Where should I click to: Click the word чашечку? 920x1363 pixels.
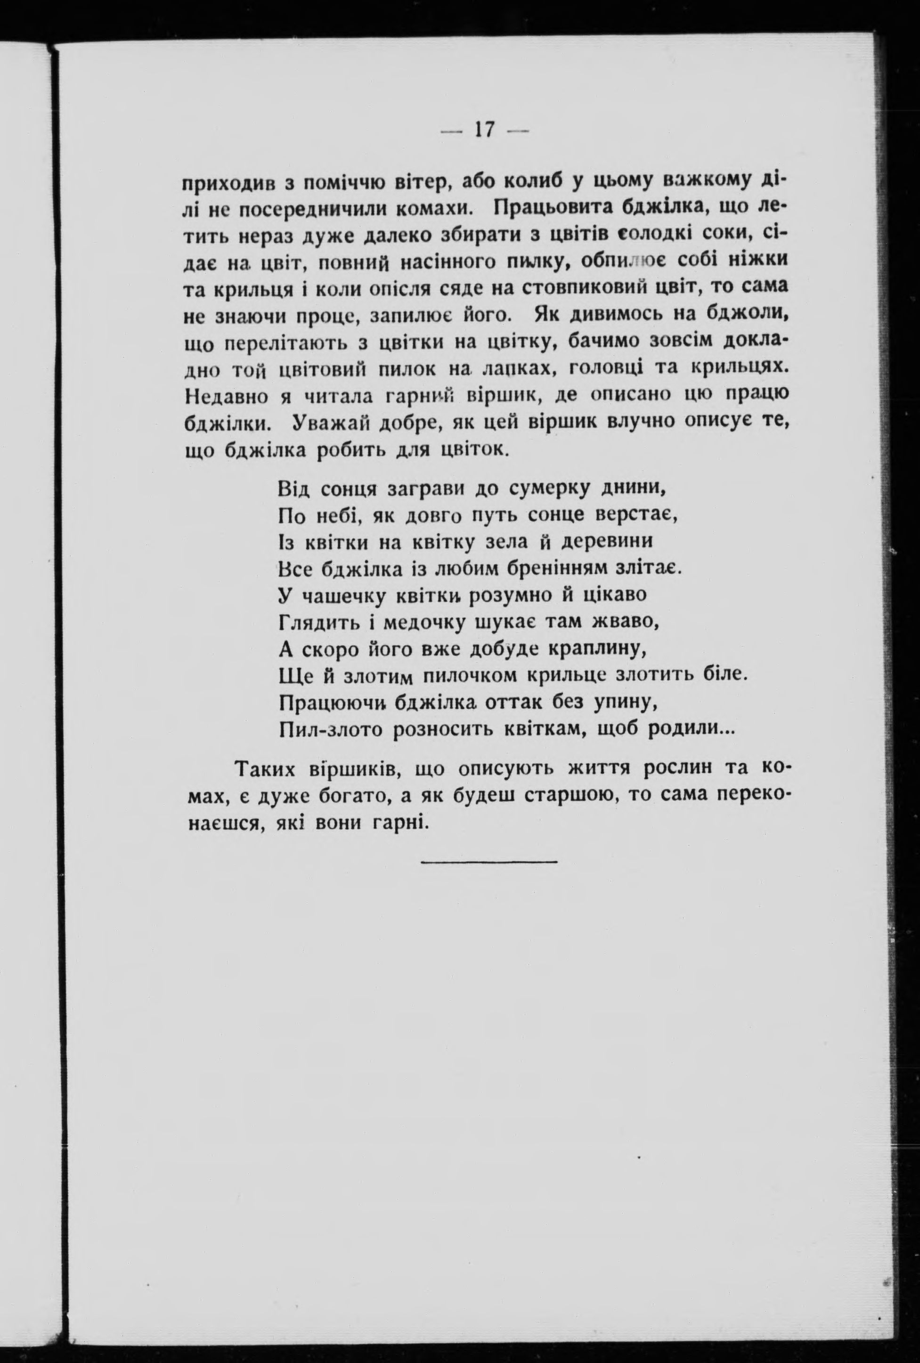tap(341, 596)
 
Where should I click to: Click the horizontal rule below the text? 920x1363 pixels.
tap(488, 861)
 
